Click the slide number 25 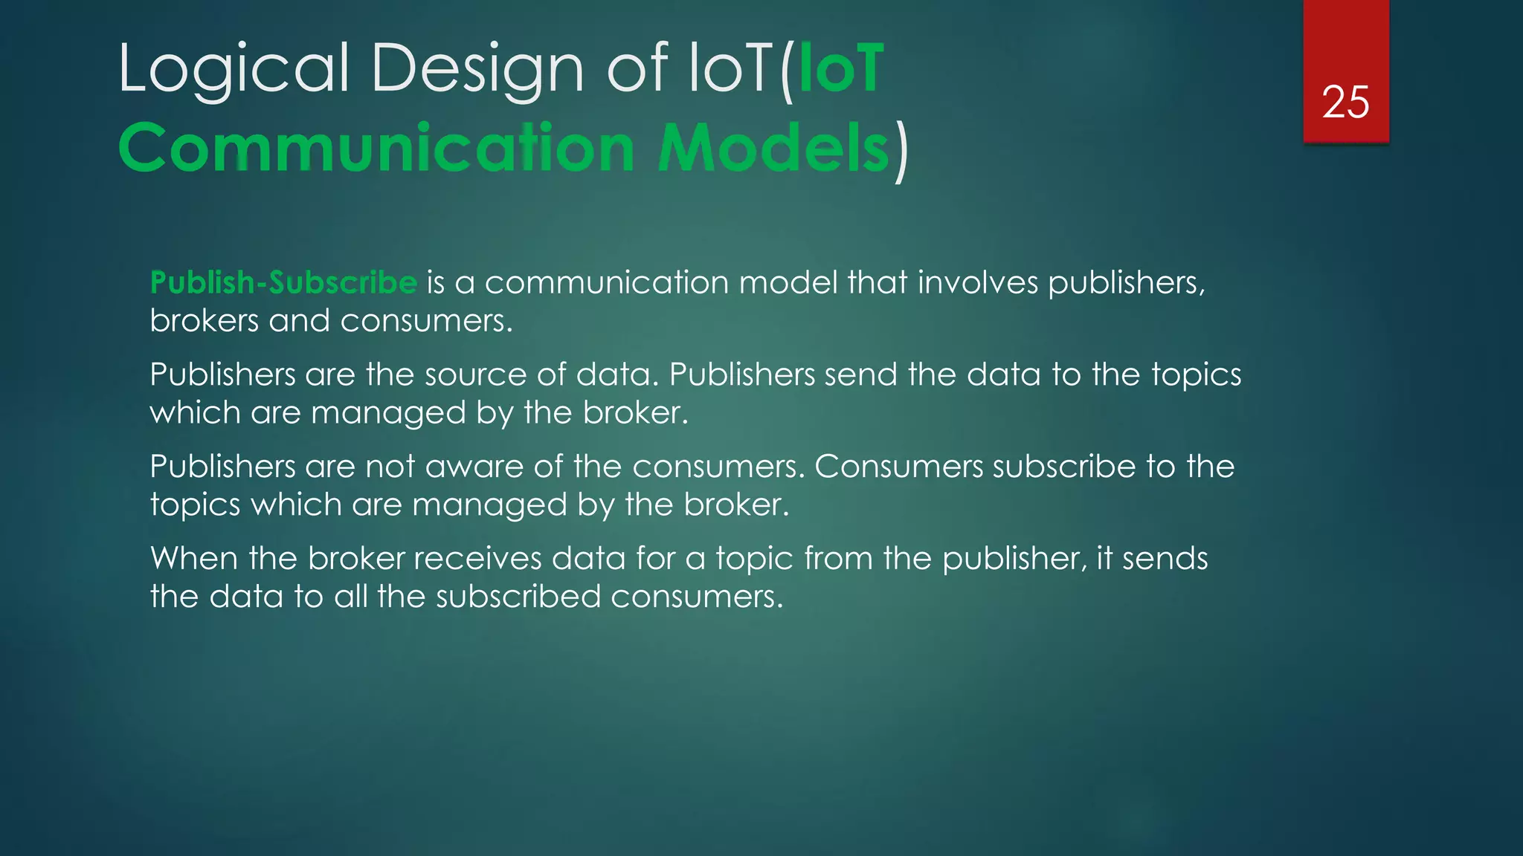1345,102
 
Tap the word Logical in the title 233,68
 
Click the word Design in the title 477,68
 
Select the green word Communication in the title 376,148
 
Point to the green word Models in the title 773,148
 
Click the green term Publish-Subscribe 283,282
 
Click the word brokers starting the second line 204,321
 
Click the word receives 477,558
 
